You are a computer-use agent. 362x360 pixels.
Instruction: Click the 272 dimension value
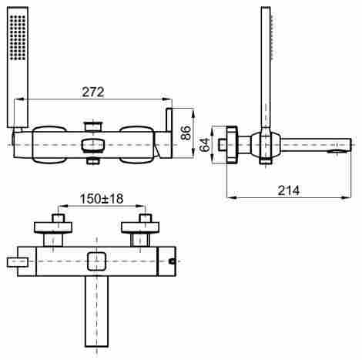coord(93,92)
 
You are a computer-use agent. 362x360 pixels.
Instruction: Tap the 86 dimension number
coord(186,133)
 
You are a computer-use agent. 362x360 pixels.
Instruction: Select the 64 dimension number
coord(205,145)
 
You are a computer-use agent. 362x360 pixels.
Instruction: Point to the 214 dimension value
coord(289,190)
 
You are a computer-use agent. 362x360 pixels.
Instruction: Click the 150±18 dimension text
coord(102,199)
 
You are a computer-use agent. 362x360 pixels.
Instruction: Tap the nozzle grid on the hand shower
coord(18,38)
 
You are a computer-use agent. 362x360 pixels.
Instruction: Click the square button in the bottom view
coord(96,261)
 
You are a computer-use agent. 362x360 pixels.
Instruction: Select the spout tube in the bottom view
coord(96,311)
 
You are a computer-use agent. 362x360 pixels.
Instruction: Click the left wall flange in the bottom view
coord(53,227)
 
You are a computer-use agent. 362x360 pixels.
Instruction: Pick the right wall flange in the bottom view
coord(140,227)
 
